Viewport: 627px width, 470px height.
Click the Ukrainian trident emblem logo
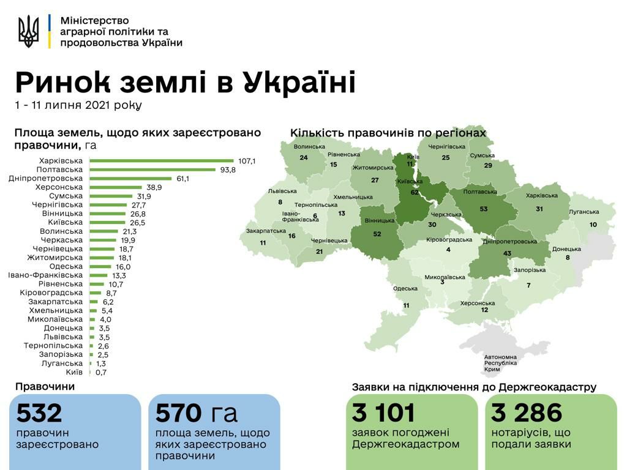tap(28, 32)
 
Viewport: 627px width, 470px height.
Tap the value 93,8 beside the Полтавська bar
tap(228, 170)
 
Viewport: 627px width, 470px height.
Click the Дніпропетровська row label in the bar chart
tap(46, 178)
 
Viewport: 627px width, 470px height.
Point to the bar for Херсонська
tap(116, 187)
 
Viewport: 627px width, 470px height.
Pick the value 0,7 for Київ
tap(101, 372)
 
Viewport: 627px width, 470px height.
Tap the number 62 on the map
tap(415, 192)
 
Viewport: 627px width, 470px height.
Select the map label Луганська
tap(584, 212)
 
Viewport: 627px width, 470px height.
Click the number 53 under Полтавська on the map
tap(484, 209)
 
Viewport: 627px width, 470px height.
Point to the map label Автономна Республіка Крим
tap(500, 363)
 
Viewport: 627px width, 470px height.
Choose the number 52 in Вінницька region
tap(377, 234)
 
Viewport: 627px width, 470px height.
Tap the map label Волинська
tap(309, 147)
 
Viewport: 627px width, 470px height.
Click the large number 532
tap(39, 413)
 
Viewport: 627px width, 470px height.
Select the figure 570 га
tap(196, 413)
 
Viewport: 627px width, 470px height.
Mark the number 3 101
tap(383, 413)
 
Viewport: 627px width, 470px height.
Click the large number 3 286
tap(527, 413)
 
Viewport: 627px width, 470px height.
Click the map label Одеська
tap(405, 289)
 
